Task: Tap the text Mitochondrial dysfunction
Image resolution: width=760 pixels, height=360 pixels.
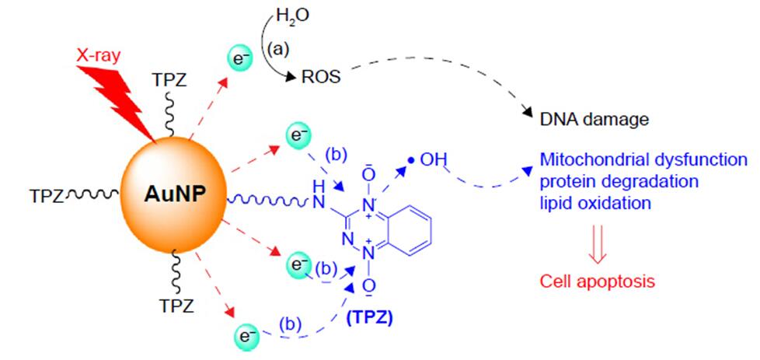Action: click(x=643, y=159)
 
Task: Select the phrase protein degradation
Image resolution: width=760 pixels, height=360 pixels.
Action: click(x=619, y=181)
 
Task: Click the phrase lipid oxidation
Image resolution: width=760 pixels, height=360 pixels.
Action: click(x=594, y=203)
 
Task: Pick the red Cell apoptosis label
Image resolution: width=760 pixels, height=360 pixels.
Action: click(x=597, y=281)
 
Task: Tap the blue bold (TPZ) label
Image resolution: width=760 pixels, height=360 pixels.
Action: click(x=370, y=319)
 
